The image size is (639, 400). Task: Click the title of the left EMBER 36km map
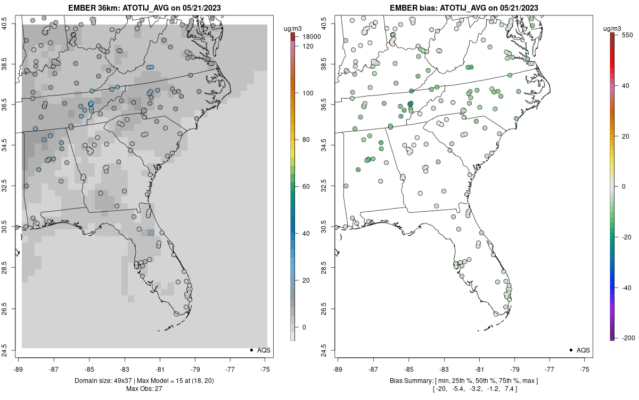coord(144,8)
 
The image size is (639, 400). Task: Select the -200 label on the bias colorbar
coord(628,338)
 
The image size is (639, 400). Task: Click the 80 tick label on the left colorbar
coord(306,140)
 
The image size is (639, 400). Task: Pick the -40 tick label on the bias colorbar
coord(626,287)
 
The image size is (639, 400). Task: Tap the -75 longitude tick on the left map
coord(265,369)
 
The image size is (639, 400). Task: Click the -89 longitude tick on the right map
coord(338,369)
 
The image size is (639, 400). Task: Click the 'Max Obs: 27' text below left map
coord(144,388)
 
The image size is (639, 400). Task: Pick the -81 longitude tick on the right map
coord(480,369)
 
